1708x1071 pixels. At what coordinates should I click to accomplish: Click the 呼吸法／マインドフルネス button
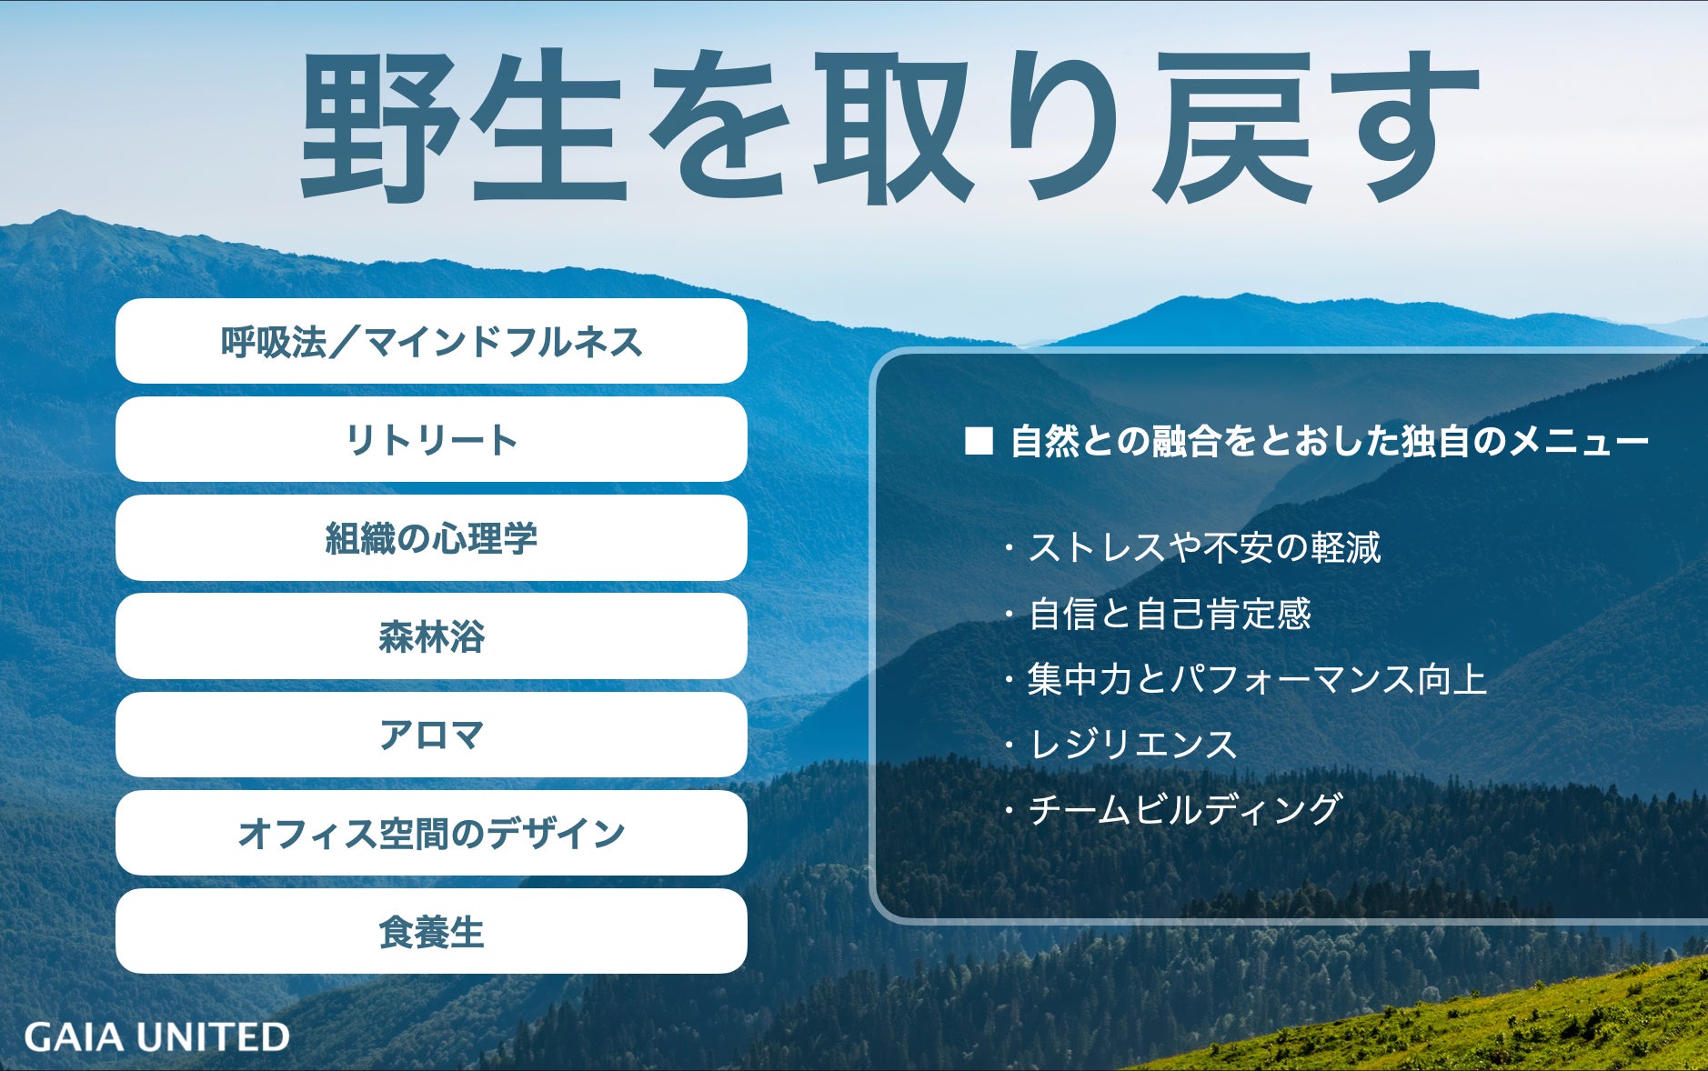[431, 341]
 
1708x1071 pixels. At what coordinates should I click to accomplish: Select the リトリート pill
[431, 439]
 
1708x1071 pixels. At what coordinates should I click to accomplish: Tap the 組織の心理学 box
[431, 538]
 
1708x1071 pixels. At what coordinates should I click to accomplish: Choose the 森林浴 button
[431, 636]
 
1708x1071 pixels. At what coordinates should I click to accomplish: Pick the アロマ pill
[431, 735]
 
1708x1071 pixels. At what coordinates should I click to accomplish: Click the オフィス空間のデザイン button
[431, 833]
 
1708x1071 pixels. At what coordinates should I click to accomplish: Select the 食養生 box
[431, 931]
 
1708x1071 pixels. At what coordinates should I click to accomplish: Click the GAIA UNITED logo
[156, 1036]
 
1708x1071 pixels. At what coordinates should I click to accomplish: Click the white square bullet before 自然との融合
[979, 441]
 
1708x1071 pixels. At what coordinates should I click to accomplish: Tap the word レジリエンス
[1132, 745]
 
